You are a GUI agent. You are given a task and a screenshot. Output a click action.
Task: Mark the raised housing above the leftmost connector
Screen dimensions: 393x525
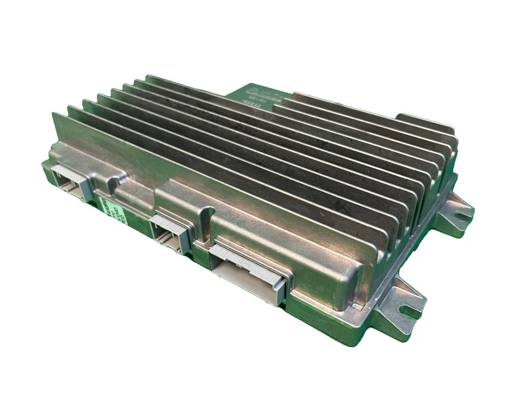[x=82, y=156]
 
